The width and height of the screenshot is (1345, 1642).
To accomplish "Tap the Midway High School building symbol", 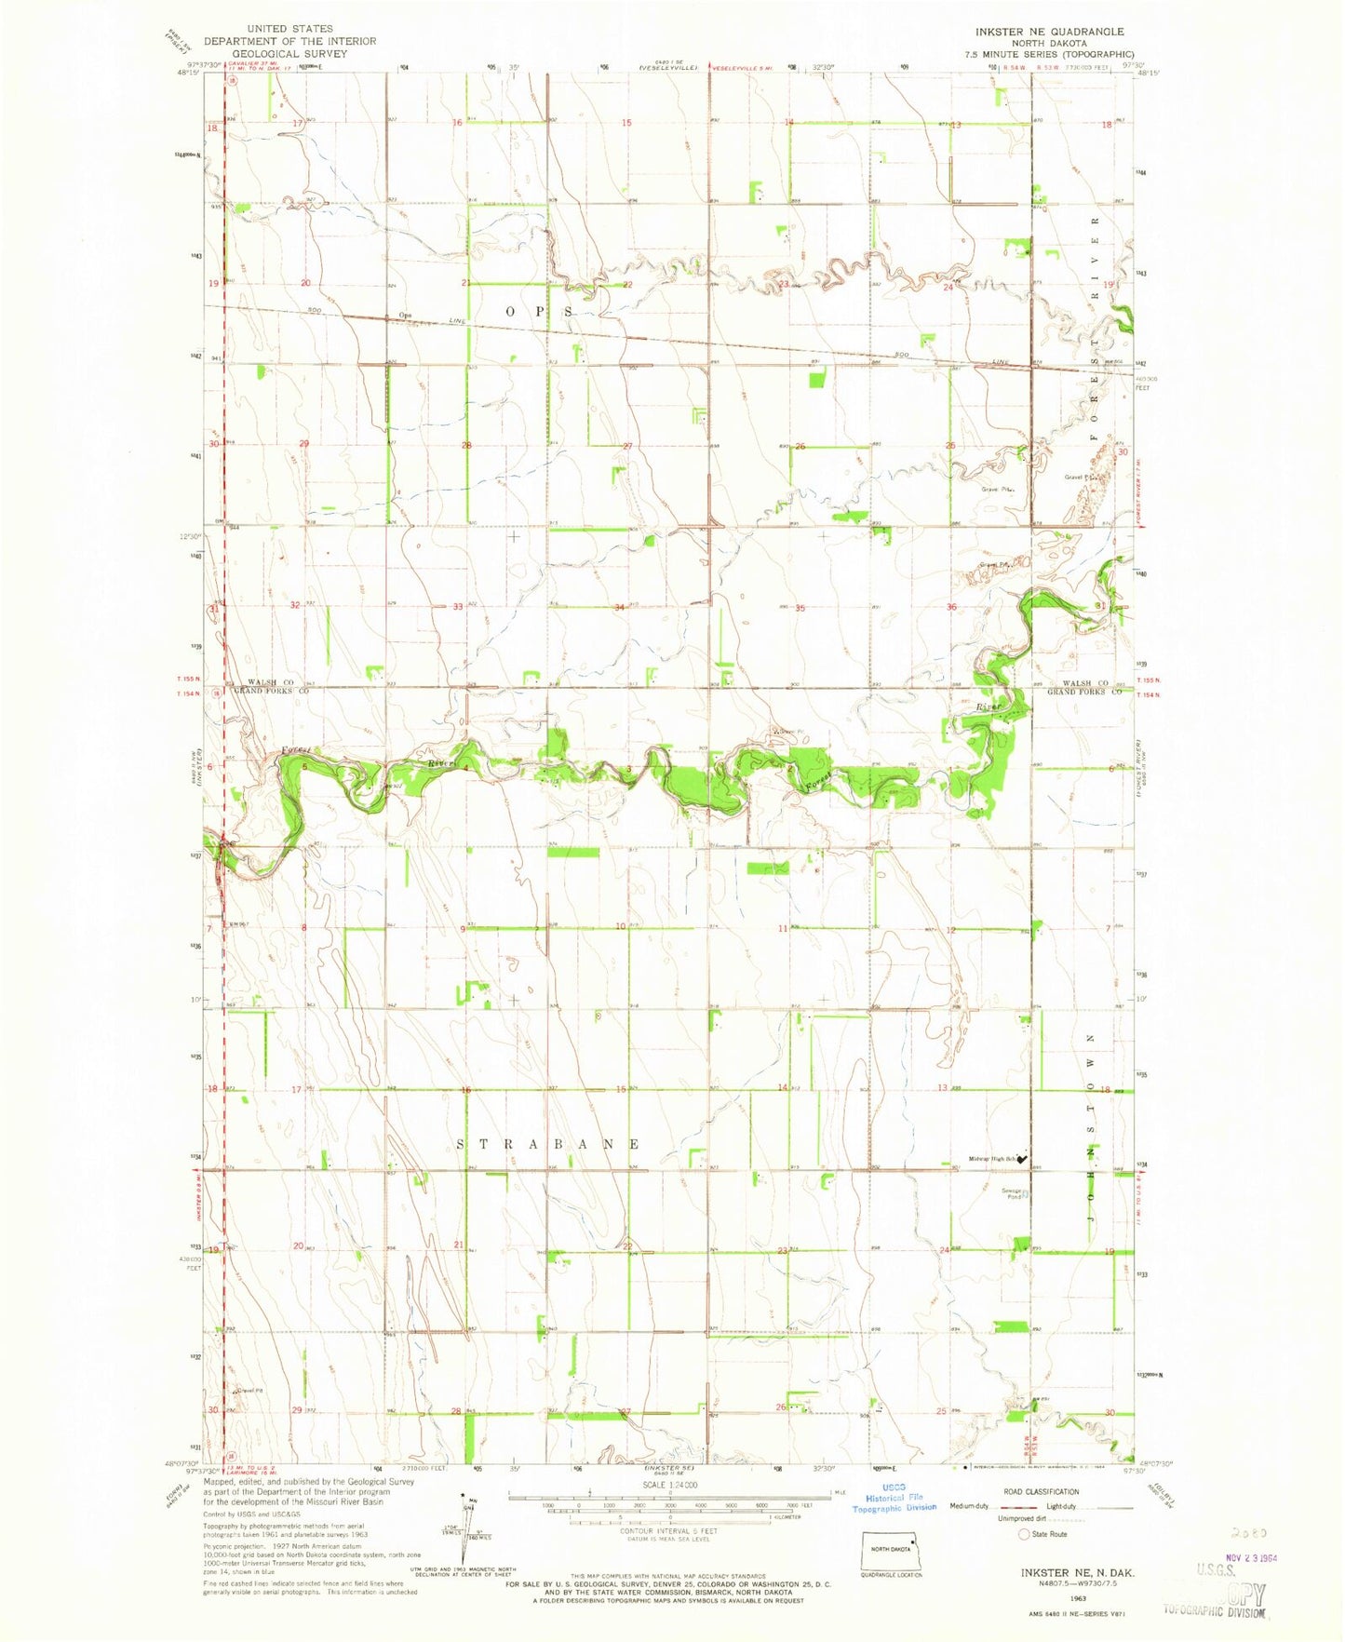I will (1023, 1160).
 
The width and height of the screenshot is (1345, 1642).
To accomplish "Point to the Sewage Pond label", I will (1014, 1192).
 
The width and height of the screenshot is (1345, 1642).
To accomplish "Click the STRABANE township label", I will (549, 1143).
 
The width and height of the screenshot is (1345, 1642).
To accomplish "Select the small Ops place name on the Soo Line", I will (404, 315).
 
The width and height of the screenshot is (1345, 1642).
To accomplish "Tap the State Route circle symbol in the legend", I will (1025, 1534).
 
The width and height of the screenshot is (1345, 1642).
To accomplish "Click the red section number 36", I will (951, 608).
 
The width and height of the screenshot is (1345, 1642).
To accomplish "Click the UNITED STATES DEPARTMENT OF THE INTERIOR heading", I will (289, 41).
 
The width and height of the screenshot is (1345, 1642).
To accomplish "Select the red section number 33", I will (457, 608).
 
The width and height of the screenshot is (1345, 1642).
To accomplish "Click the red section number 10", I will (620, 926).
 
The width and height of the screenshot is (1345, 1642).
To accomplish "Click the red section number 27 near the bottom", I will (626, 1412).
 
